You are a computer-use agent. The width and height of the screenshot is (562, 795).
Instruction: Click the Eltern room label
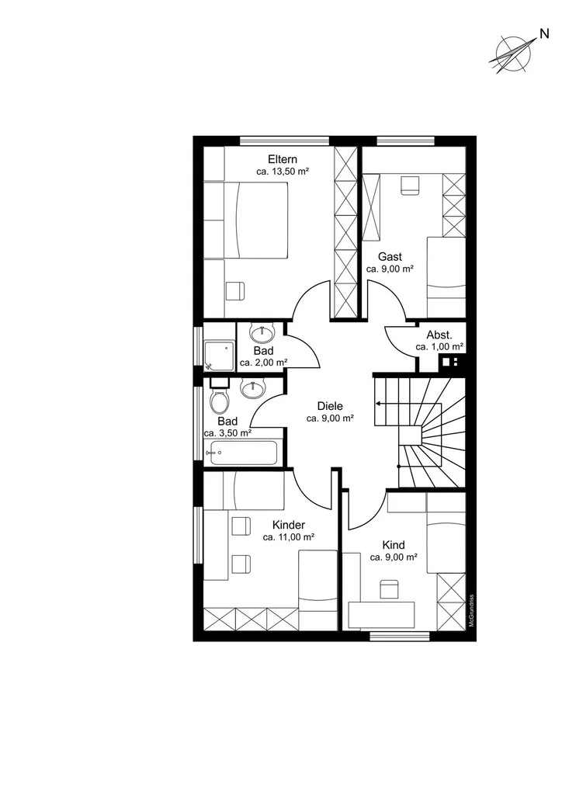click(x=283, y=159)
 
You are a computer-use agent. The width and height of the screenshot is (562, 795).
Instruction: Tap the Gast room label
click(x=390, y=256)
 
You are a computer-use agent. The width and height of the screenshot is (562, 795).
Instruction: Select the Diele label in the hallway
click(x=330, y=406)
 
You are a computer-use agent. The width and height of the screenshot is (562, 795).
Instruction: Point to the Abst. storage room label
click(x=439, y=335)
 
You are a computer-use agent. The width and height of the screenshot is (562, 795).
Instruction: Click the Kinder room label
click(x=288, y=525)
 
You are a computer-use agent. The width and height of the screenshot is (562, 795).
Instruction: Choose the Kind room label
click(x=394, y=545)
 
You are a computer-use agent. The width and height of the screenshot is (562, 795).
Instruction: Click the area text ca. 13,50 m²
click(x=283, y=172)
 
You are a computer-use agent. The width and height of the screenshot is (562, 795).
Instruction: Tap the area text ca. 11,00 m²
click(x=288, y=537)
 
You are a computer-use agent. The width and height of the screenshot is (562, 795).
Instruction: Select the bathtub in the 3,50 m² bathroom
click(x=241, y=453)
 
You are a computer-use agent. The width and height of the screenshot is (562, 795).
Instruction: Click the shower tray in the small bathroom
click(x=220, y=356)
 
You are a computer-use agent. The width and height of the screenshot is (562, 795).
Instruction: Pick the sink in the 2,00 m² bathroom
click(x=262, y=332)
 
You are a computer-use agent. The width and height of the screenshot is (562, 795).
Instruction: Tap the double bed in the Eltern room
click(x=246, y=220)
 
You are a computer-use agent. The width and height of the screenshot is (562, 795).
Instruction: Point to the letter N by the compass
click(x=544, y=34)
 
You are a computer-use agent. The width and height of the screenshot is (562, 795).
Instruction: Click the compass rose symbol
click(x=513, y=53)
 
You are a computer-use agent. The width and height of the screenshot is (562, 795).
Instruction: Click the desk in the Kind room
click(x=382, y=614)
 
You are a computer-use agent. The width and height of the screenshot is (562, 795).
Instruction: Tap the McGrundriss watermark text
click(x=471, y=610)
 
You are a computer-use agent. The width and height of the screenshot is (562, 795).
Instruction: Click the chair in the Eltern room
click(x=235, y=291)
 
